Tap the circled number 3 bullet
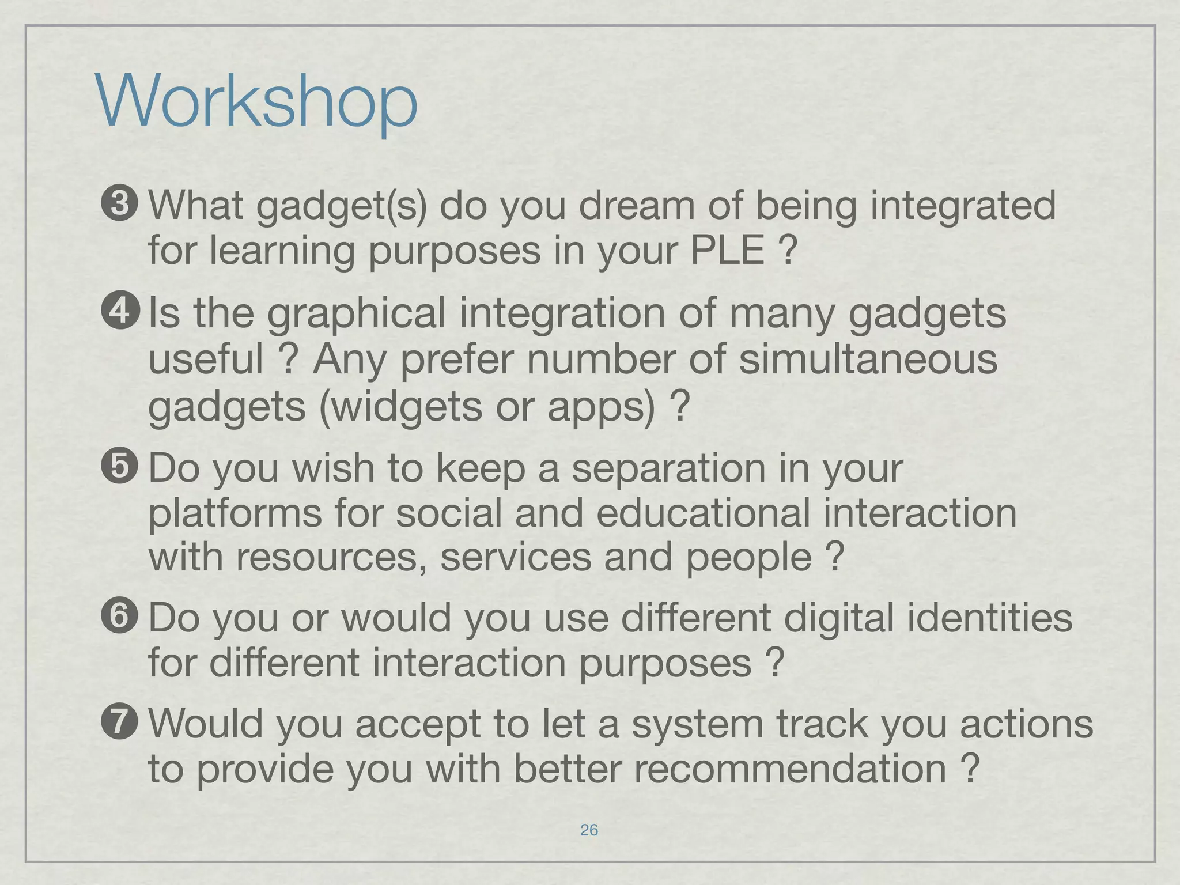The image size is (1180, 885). [120, 205]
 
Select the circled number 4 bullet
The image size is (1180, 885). [120, 311]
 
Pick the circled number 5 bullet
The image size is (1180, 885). [120, 467]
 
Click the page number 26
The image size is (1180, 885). [589, 830]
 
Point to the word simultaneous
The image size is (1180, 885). [868, 359]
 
